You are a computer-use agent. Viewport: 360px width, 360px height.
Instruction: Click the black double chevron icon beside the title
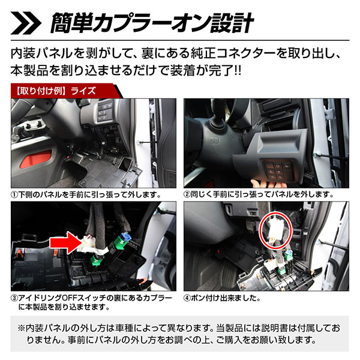pos(26,23)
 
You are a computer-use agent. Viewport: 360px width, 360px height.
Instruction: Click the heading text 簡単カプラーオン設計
pos(152,23)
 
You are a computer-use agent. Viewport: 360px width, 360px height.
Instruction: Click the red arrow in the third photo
pos(66,243)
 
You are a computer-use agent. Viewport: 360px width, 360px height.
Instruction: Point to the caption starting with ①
pos(86,194)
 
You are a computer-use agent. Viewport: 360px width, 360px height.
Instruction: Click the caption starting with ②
pos(259,194)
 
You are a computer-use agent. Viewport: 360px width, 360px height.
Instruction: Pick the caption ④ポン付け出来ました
pos(222,298)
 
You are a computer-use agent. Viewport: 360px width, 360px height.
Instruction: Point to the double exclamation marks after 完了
pos(238,70)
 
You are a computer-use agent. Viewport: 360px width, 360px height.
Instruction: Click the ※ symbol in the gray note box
pos(22,328)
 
